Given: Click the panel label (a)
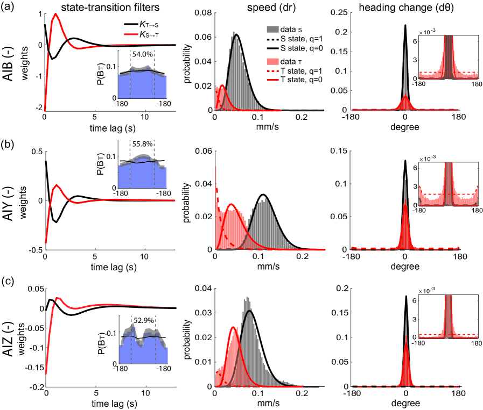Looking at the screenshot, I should pos(9,7).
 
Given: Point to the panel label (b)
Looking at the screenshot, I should pos(9,134).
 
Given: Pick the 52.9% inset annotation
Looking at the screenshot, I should pos(143,320).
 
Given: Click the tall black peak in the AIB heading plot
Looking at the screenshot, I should pos(405,26).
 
